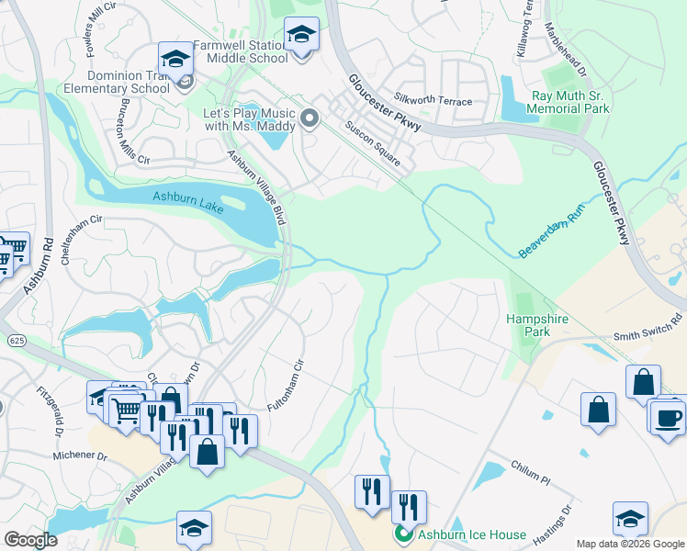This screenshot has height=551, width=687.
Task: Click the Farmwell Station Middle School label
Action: (x=241, y=51)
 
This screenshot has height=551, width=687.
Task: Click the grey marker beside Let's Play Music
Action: (x=310, y=117)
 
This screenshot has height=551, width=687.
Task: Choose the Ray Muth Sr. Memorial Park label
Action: (x=570, y=102)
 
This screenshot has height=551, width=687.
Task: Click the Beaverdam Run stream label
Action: (x=552, y=231)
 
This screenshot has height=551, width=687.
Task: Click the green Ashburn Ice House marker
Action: (x=403, y=534)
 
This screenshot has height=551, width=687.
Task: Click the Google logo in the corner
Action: (x=30, y=540)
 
